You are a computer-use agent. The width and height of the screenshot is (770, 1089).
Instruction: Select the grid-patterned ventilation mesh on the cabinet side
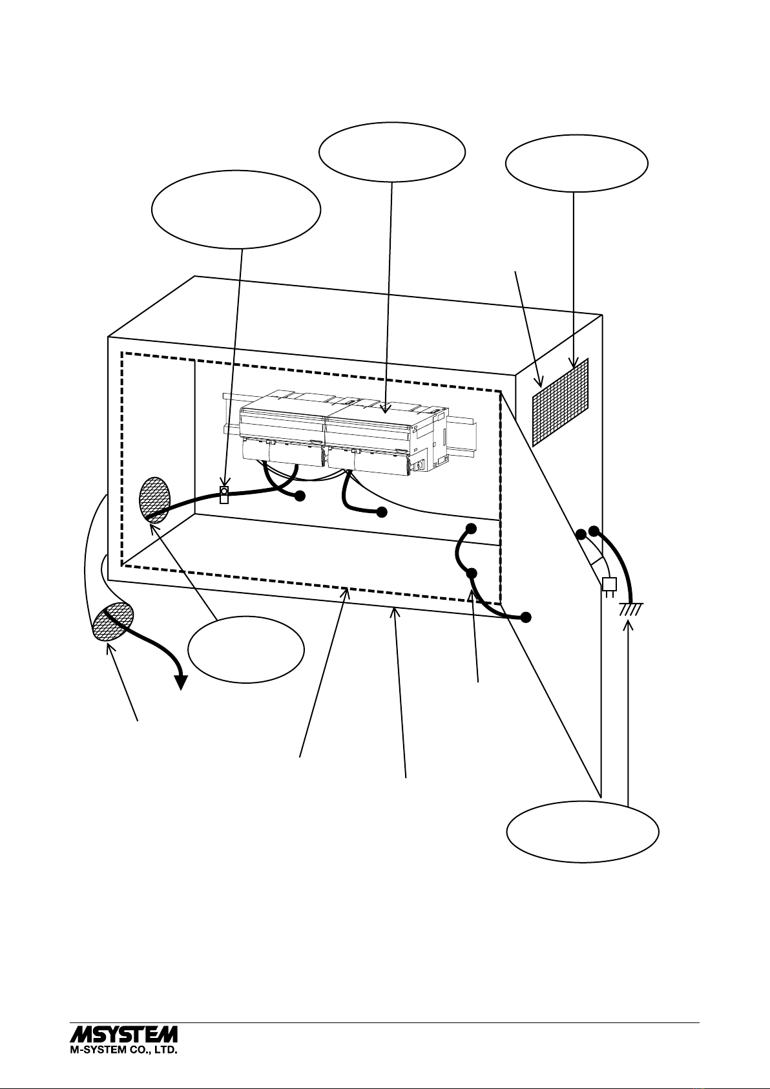[560, 402]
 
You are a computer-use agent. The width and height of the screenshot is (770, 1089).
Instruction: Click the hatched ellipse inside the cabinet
[155, 500]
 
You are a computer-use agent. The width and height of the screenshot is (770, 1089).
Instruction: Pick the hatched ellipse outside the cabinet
[112, 621]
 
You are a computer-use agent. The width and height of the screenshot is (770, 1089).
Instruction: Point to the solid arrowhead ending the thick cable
[181, 682]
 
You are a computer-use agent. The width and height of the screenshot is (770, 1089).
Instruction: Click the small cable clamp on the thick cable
[224, 495]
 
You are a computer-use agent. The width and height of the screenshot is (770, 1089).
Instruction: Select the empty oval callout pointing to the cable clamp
[236, 209]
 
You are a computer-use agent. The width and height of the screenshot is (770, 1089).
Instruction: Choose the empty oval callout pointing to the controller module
[392, 152]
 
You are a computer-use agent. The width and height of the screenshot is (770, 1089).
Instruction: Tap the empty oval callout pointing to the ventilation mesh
[577, 164]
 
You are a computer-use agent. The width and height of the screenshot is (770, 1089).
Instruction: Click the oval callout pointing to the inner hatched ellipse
[246, 650]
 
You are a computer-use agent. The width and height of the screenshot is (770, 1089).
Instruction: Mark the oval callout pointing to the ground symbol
[583, 832]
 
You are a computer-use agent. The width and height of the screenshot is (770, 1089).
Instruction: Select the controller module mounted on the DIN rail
[344, 432]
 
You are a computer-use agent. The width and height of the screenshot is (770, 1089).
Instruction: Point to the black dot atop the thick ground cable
[593, 531]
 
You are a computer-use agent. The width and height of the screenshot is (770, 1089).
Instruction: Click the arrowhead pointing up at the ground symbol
[628, 625]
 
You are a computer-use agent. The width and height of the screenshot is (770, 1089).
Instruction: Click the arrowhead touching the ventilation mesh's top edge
[574, 363]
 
